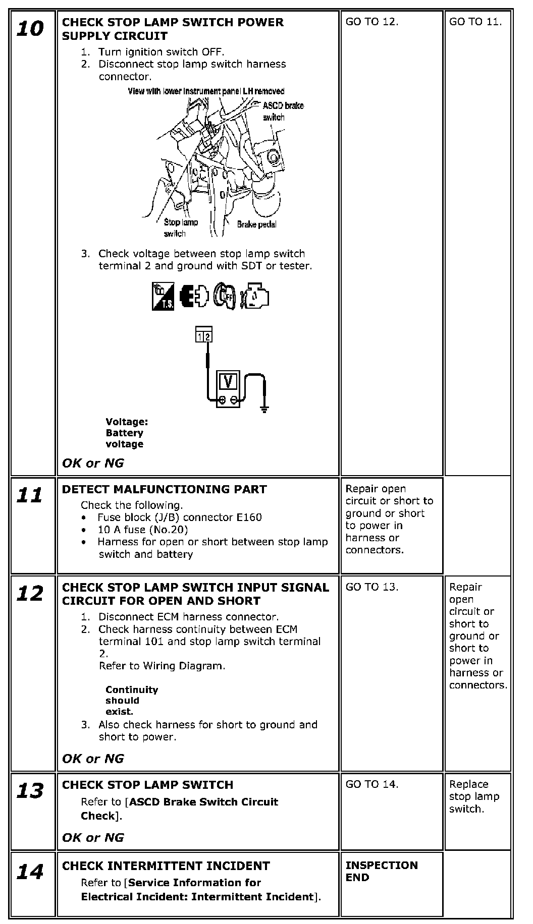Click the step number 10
point(30,29)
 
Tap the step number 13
point(30,791)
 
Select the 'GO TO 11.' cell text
point(475,22)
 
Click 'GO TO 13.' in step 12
point(372,587)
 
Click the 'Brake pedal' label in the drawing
point(256,224)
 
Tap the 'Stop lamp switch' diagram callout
point(181,227)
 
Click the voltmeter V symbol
point(229,382)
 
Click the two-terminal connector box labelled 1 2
point(204,334)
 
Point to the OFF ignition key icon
point(224,296)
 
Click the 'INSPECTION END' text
point(382,871)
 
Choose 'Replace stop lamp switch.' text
point(474,796)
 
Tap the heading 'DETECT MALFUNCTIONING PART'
point(164,489)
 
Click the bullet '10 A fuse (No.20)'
point(142,530)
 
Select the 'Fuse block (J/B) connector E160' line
point(179,517)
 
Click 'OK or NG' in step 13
point(93,838)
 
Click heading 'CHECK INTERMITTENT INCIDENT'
point(166,866)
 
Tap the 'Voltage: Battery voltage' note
point(126,433)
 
